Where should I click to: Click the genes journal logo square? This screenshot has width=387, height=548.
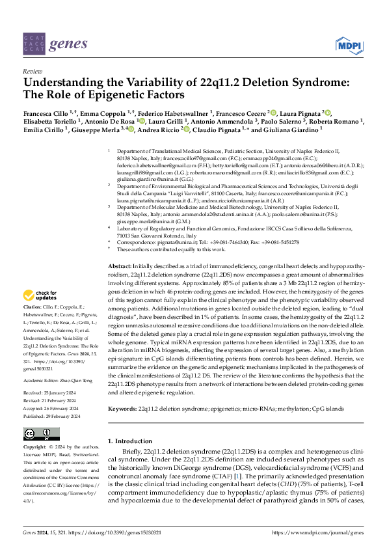pos(34,44)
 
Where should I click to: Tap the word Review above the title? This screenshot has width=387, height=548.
pos(32,71)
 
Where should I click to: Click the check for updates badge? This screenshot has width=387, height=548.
pos(42,295)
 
